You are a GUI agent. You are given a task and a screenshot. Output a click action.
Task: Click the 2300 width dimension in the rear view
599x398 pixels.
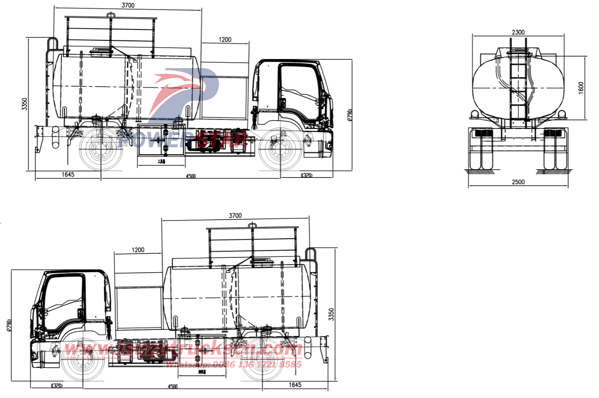click(x=518, y=32)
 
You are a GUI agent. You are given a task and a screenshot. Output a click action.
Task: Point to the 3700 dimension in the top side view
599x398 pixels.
click(x=128, y=5)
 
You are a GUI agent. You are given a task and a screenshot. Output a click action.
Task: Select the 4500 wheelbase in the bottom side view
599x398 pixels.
click(x=172, y=387)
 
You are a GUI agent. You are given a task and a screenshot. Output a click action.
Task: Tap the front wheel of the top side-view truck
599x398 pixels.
click(x=280, y=149)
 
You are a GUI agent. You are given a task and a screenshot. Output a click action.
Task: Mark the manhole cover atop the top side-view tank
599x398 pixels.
click(x=101, y=52)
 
